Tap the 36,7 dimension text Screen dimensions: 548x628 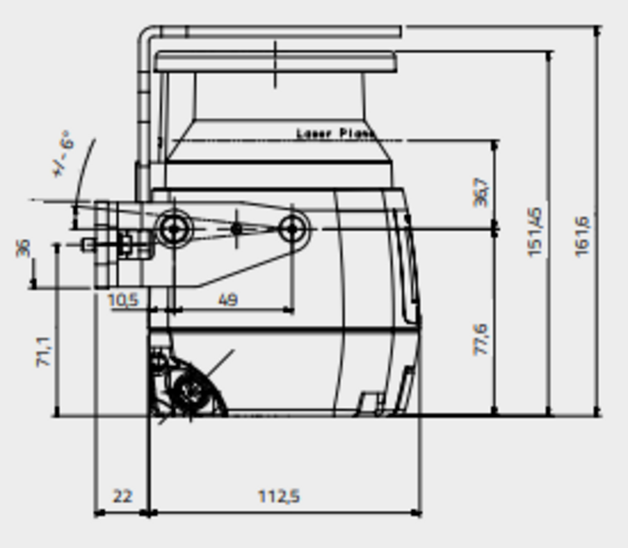click(x=481, y=192)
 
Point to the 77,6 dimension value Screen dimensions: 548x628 click(x=481, y=339)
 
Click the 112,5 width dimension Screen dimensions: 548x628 click(x=279, y=496)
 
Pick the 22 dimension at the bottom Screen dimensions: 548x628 click(x=122, y=496)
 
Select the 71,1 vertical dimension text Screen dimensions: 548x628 click(x=44, y=352)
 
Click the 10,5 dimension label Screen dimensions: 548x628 click(x=123, y=300)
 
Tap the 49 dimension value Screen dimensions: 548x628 click(x=228, y=300)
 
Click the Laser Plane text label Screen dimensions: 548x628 click(x=335, y=134)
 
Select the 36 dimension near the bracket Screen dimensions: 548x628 click(x=23, y=247)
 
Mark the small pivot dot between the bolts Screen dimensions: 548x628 click(x=237, y=229)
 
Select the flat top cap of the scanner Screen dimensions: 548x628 click(x=275, y=62)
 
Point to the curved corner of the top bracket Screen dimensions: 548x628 click(x=147, y=33)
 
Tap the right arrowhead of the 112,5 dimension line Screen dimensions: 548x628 click(x=417, y=512)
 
